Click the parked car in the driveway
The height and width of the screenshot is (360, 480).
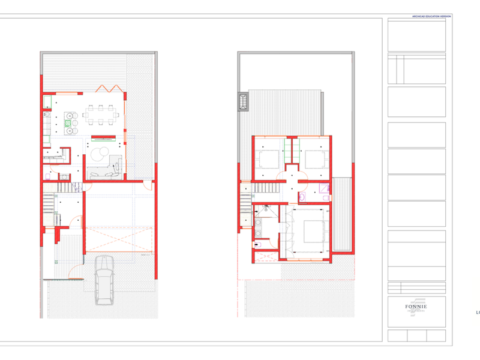pos(104,279)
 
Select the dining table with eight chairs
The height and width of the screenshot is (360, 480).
pos(100,115)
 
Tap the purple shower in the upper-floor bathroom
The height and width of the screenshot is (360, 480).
pos(325,190)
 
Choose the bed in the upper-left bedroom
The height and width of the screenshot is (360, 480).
pos(267,159)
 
